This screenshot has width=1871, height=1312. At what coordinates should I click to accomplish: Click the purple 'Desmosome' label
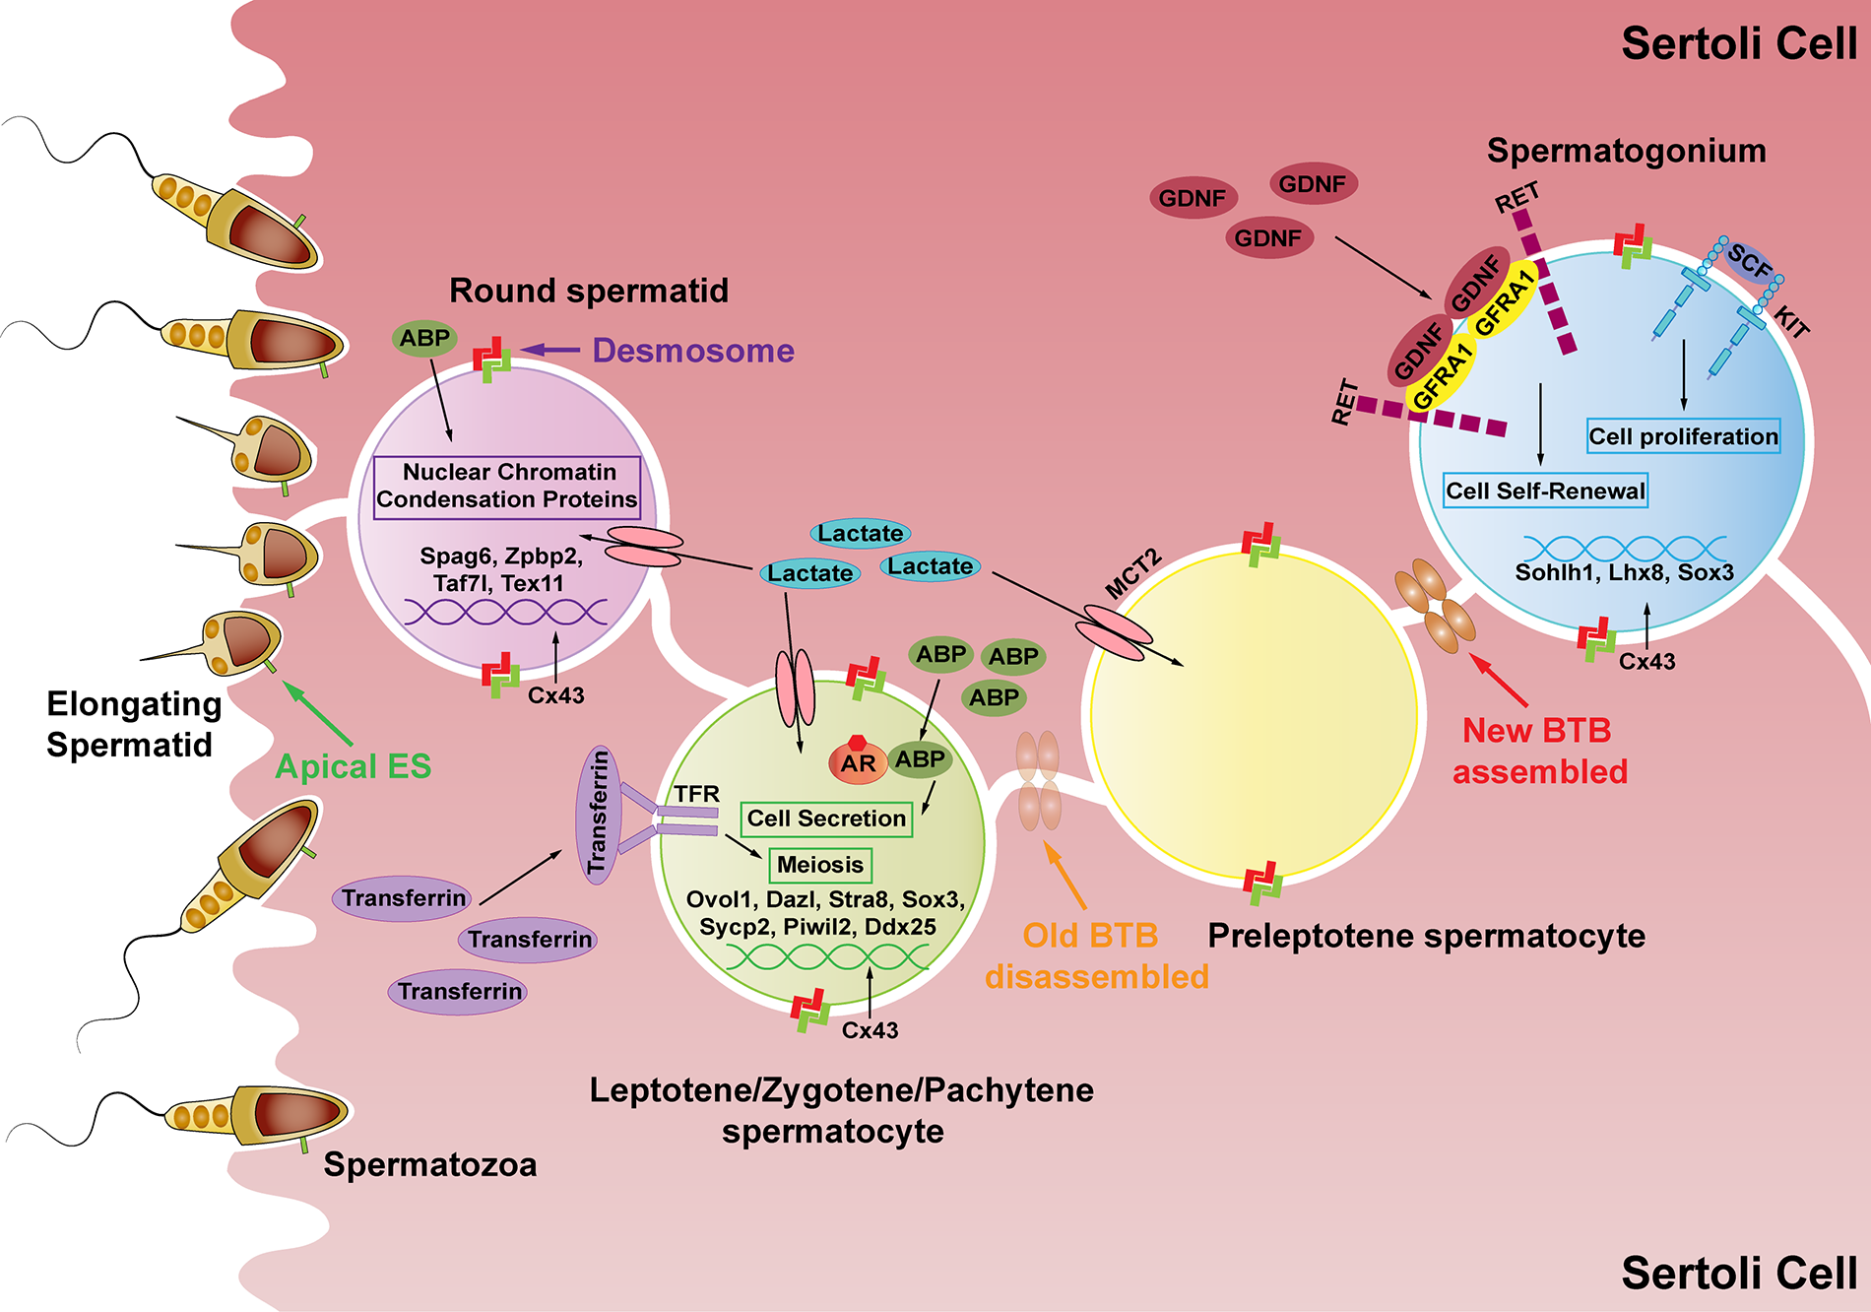(x=693, y=351)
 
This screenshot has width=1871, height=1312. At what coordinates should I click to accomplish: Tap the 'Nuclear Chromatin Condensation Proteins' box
(x=507, y=486)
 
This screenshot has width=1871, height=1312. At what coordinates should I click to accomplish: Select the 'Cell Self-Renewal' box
(x=1545, y=491)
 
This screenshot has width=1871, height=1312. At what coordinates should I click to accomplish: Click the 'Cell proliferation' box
(x=1683, y=436)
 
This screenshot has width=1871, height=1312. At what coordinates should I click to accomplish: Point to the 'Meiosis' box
(x=819, y=865)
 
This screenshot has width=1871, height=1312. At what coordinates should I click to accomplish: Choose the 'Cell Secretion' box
(x=826, y=819)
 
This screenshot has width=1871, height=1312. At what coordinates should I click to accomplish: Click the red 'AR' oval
(x=858, y=762)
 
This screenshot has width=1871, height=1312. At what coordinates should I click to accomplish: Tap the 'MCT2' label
(x=1132, y=575)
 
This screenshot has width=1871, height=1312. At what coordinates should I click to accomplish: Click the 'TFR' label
(x=696, y=794)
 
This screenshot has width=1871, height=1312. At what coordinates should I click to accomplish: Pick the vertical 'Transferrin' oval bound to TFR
(x=598, y=814)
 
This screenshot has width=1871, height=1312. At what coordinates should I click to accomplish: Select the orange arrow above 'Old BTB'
(x=1065, y=876)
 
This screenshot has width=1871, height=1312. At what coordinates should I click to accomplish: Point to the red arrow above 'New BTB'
(x=1498, y=680)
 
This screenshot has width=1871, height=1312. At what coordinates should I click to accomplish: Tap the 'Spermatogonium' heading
(x=1626, y=151)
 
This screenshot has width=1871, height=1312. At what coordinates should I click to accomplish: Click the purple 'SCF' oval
(x=1749, y=263)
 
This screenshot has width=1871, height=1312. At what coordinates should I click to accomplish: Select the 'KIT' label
(x=1791, y=321)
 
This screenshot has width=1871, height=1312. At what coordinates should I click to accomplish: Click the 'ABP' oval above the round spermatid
(x=424, y=339)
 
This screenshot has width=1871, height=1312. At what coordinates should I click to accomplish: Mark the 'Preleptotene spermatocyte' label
(x=1426, y=936)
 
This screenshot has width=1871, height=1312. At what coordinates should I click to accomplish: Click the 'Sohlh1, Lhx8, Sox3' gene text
(x=1624, y=572)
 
